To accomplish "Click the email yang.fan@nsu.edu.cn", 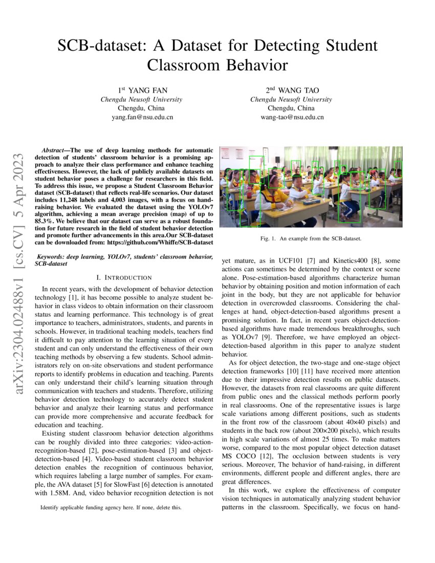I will [142, 117].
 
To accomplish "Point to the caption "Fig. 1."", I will [268, 239].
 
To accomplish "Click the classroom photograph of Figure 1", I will [311, 187].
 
